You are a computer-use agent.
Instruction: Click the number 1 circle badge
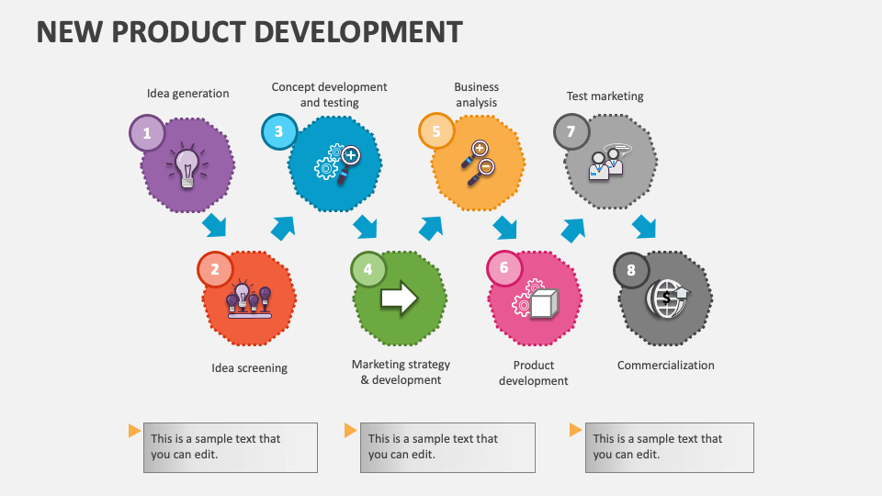147,134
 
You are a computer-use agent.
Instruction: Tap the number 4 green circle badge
368,269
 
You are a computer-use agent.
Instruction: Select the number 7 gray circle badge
571,132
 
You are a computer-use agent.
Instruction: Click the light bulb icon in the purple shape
187,166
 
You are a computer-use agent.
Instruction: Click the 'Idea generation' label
188,93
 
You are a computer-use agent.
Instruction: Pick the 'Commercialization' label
665,365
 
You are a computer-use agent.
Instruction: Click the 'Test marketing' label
605,96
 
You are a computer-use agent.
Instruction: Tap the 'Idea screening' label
249,367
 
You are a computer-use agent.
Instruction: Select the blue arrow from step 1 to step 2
215,224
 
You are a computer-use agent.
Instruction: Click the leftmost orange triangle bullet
134,430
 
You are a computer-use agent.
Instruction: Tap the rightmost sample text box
669,447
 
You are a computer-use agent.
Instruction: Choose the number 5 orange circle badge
436,131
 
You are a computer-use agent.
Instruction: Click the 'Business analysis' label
476,95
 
